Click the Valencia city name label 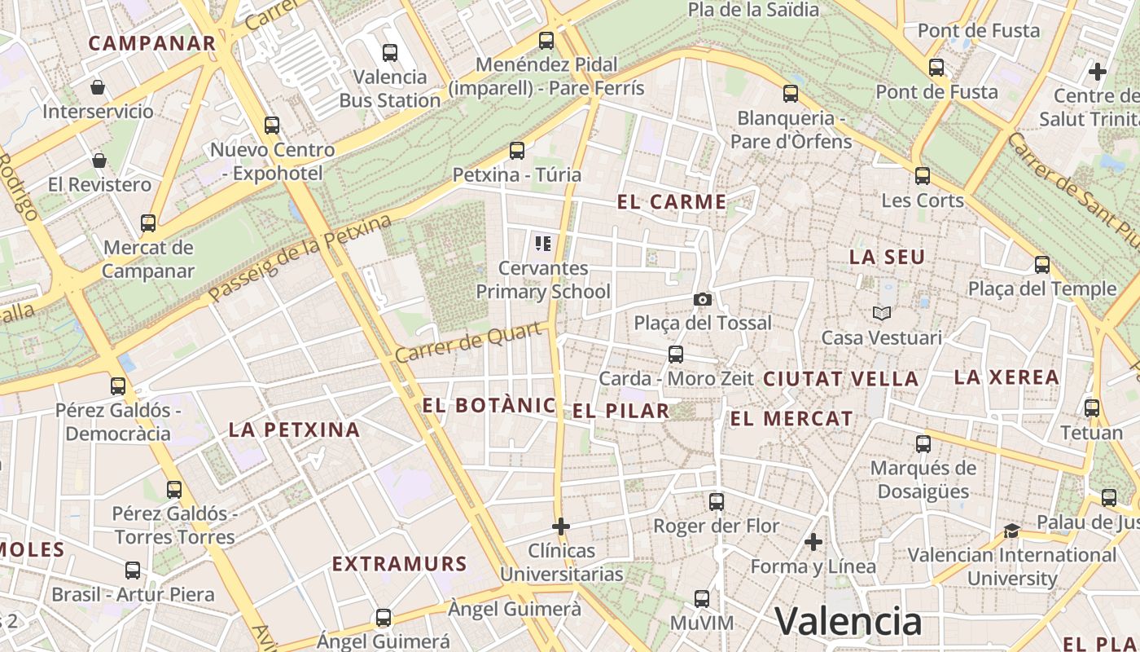click(x=848, y=621)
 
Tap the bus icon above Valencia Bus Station click(x=390, y=53)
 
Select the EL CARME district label click(x=672, y=202)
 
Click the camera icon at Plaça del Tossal click(x=703, y=300)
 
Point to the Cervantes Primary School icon click(x=543, y=243)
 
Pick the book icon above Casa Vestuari click(x=882, y=313)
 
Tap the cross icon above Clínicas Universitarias click(x=561, y=526)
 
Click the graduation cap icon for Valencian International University click(x=1011, y=531)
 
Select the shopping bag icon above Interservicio click(x=98, y=87)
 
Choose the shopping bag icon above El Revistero click(x=99, y=161)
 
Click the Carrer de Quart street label click(x=468, y=343)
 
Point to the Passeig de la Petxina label click(x=300, y=258)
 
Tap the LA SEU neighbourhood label click(x=887, y=258)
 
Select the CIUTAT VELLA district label click(x=840, y=379)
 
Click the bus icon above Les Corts click(x=923, y=176)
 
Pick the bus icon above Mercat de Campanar click(x=148, y=223)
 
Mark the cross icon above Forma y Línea click(x=813, y=542)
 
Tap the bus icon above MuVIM click(x=702, y=599)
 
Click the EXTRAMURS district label click(x=399, y=564)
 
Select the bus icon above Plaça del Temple click(x=1042, y=265)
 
